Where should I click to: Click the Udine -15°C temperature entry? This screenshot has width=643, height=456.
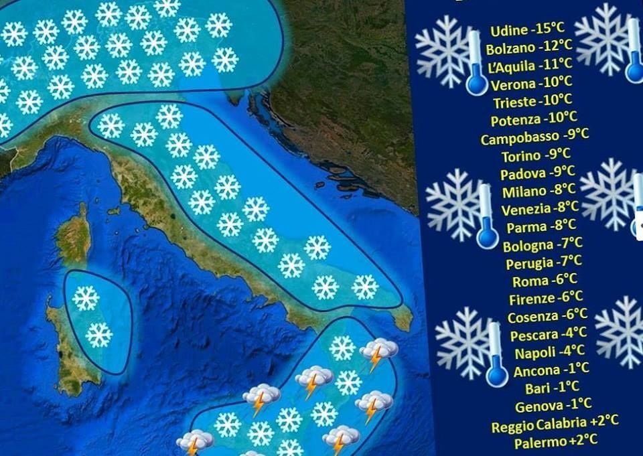tap(526, 30)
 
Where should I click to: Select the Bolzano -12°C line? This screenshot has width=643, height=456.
tap(529, 48)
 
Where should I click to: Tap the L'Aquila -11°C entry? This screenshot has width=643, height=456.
tap(530, 66)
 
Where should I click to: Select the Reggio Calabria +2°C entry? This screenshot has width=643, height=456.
tap(555, 424)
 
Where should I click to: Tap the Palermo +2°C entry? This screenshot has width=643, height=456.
tap(555, 442)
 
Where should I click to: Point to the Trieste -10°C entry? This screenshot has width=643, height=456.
tap(532, 102)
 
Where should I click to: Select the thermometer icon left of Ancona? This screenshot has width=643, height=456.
tap(496, 355)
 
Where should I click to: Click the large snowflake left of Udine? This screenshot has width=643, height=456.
tap(442, 50)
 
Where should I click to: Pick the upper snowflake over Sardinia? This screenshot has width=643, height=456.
tap(85, 298)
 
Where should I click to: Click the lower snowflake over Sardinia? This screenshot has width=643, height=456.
tap(98, 334)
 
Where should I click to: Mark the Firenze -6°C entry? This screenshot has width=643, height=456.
tap(545, 298)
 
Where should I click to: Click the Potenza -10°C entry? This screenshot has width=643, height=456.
tap(533, 121)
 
